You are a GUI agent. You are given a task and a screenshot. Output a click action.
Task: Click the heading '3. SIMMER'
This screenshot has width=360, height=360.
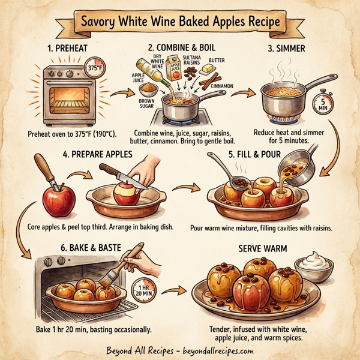286,47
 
